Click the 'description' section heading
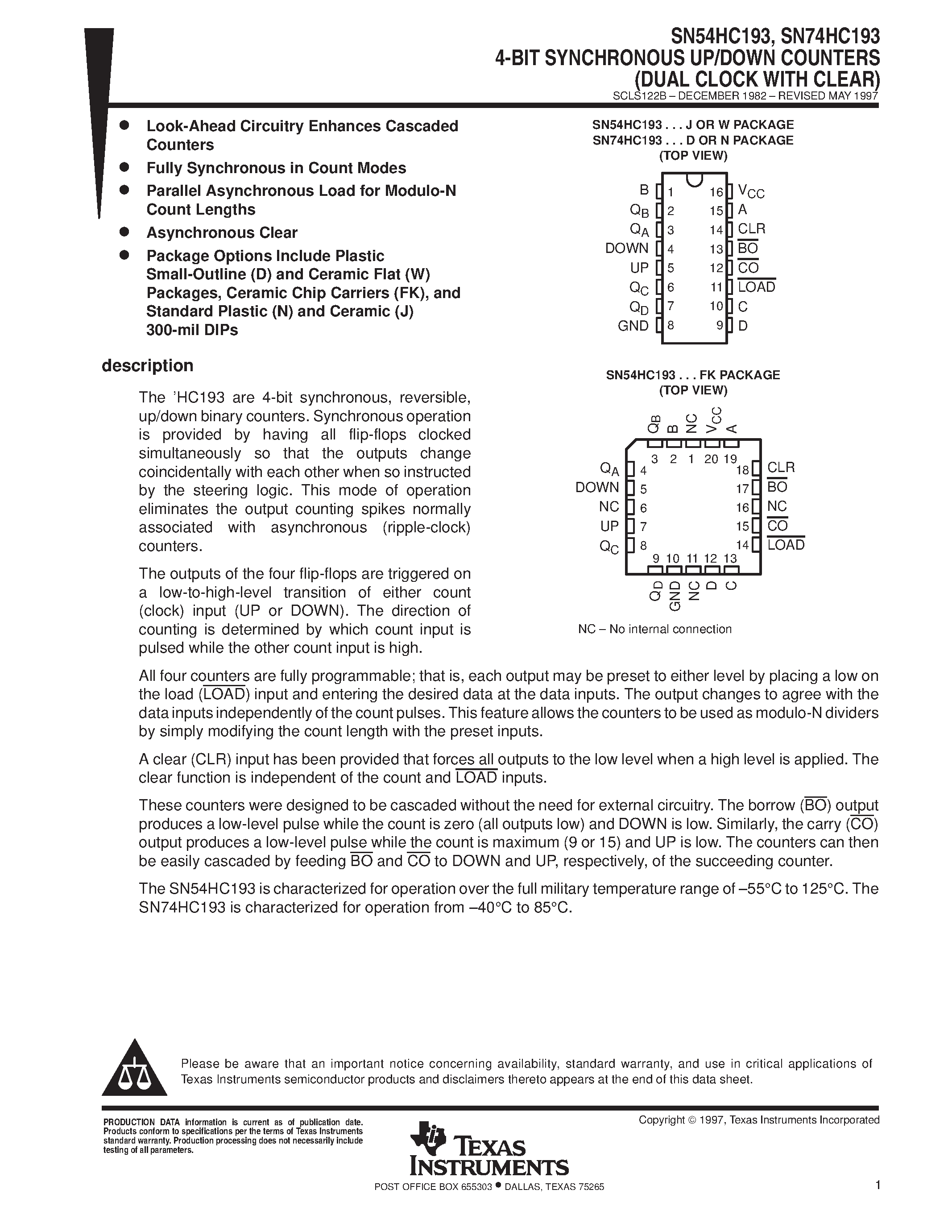click(x=147, y=366)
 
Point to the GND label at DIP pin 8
click(x=633, y=326)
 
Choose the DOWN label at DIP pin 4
click(x=626, y=249)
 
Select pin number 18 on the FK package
click(x=742, y=470)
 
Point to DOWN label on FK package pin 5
click(x=596, y=488)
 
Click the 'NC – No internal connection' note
click(x=654, y=629)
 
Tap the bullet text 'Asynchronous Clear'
click(x=222, y=232)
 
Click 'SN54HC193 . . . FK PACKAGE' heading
click(x=692, y=375)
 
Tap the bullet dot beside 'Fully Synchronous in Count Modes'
click(x=124, y=167)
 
